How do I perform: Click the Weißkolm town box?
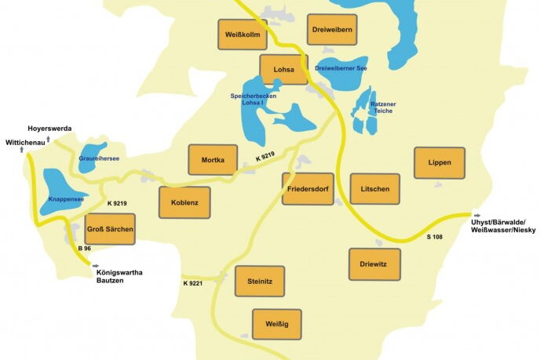tap(242, 35)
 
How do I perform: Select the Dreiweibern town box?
tap(332, 30)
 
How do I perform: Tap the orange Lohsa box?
tap(283, 70)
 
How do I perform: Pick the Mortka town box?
tap(213, 160)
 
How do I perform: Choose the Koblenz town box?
tap(184, 202)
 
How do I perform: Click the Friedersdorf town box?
tap(308, 189)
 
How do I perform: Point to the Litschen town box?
tap(375, 189)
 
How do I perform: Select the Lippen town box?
tap(440, 162)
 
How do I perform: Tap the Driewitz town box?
tap(374, 264)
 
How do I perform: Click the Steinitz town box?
tap(260, 281)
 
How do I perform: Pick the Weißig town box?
tap(276, 324)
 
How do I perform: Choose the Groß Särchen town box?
tap(110, 229)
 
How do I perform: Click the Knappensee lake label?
tap(66, 200)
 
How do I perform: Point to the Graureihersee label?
tap(99, 158)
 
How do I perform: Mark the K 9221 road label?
tap(193, 283)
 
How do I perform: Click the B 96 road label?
tap(85, 249)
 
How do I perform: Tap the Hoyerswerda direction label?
tap(49, 127)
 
